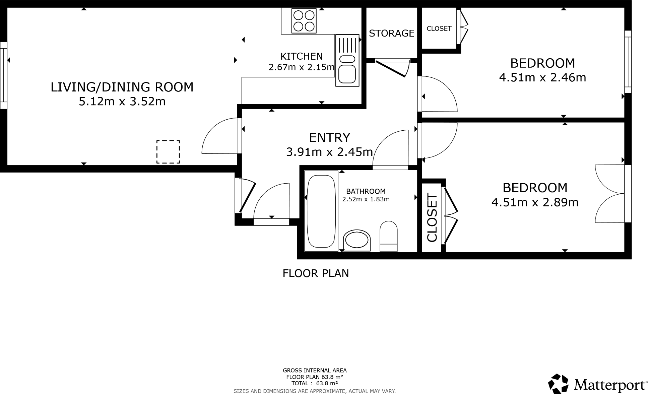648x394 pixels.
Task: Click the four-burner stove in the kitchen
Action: pos(304,21)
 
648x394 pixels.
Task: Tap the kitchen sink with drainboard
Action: pos(347,60)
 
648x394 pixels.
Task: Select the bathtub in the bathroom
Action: pos(321,211)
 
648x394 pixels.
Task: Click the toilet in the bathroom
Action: pos(388,236)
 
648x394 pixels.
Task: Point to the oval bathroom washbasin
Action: pos(357,240)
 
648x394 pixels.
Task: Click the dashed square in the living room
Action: pos(168,152)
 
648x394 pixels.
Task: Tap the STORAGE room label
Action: pos(391,33)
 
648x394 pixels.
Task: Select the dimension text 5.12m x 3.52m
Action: pos(122,101)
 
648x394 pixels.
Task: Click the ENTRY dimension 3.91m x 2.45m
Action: pos(329,152)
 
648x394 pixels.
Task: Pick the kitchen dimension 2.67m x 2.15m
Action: pos(301,67)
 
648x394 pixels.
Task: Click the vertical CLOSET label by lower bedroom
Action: pos(432,217)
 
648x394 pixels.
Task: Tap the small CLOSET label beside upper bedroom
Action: pos(439,29)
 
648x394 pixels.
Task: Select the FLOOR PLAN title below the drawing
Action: pos(316,273)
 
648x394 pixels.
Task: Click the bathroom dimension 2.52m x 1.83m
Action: pos(366,199)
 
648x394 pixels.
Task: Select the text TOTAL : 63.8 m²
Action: pos(314,383)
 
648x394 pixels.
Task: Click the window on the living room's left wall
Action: pos(4,75)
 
